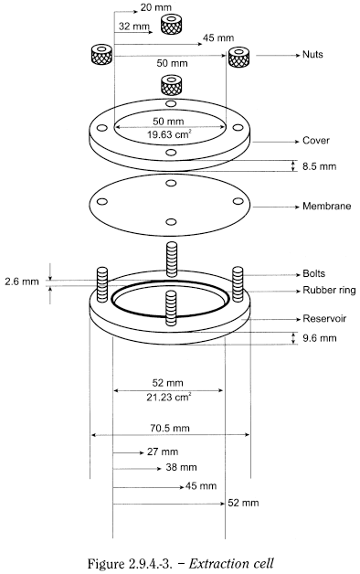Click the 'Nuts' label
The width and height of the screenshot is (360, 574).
312,55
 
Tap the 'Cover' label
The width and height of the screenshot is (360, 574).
316,141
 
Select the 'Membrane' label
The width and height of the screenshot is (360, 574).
326,206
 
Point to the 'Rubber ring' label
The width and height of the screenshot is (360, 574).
329,291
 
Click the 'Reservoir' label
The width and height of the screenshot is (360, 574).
324,318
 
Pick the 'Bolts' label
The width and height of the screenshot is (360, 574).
313,274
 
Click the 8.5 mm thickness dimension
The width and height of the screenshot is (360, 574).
319,166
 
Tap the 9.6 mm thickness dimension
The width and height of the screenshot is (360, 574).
319,338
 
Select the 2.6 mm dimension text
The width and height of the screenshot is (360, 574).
22,282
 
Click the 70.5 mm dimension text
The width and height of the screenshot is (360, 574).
170,428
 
